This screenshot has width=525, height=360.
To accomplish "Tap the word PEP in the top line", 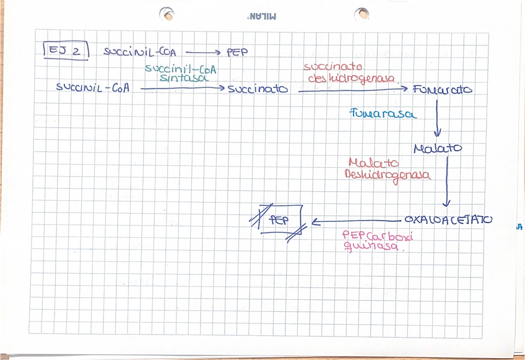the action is pos(237,53).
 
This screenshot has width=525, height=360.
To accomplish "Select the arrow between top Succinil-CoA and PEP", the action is pos(202,53).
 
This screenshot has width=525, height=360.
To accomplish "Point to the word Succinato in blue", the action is pos(258,89).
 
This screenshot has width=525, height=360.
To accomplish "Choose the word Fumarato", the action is pos(442,90).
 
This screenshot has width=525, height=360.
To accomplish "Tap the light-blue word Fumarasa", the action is pos(382,114).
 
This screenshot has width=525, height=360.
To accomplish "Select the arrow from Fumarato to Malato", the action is pos(437,118).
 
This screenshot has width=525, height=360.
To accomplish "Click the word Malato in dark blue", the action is pos(437,149).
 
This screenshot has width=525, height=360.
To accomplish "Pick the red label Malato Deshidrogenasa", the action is pos(387,169).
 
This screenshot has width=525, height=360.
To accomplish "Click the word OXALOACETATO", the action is pos(448,220).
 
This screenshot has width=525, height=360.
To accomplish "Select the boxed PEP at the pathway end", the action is pos(280,221).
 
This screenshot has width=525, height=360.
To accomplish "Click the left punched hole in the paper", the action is pos(166,14).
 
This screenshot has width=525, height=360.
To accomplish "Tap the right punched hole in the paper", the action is pos(362,14).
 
